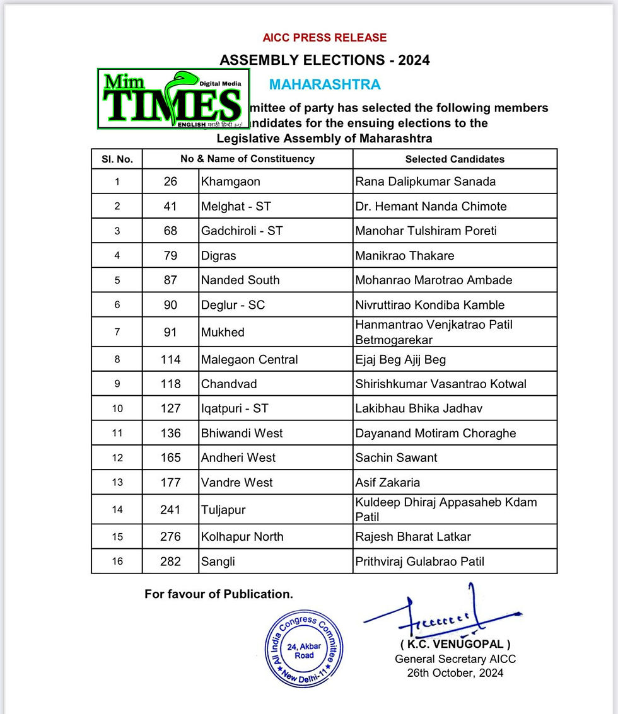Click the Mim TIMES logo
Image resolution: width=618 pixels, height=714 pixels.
click(x=173, y=100)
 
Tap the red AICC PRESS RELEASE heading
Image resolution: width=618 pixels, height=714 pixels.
click(x=324, y=38)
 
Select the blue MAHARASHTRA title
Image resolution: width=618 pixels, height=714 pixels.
click(x=325, y=84)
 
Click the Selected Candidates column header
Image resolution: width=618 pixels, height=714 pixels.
click(x=455, y=159)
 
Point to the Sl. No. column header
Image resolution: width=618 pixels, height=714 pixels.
click(x=117, y=159)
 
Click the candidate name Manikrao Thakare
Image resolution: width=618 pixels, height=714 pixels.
click(x=405, y=255)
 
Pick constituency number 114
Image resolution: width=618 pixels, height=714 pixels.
click(x=170, y=359)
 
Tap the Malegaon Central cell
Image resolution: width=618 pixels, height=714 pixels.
click(x=249, y=359)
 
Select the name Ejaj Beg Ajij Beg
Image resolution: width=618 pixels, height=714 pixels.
click(x=400, y=359)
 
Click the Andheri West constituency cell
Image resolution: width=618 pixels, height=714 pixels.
click(x=238, y=458)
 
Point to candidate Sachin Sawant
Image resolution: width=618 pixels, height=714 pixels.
click(x=396, y=458)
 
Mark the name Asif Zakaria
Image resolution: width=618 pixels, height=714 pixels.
click(x=388, y=483)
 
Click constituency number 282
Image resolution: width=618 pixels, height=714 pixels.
click(x=170, y=561)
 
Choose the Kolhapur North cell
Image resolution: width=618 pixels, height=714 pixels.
click(x=242, y=537)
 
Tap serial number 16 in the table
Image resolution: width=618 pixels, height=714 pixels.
click(x=117, y=561)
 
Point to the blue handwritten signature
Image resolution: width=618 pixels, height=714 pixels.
click(x=441, y=618)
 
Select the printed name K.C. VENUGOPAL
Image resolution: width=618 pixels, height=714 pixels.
click(x=455, y=645)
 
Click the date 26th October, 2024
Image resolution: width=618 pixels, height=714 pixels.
click(x=455, y=672)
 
